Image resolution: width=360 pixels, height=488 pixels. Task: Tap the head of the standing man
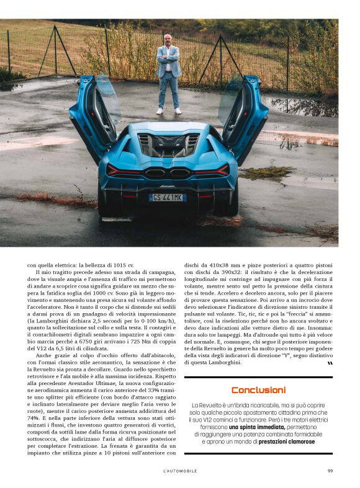click(168, 40)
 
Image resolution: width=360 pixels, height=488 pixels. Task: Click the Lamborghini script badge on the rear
click(168, 185)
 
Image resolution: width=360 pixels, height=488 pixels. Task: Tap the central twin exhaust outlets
click(167, 173)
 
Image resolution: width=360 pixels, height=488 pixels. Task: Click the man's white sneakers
click(168, 111)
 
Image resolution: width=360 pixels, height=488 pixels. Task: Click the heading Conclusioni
click(258, 390)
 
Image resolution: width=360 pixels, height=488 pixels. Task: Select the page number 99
click(330, 471)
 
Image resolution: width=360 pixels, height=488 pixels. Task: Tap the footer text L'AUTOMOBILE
click(180, 471)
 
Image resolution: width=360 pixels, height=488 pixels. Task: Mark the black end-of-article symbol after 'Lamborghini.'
click(330, 363)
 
